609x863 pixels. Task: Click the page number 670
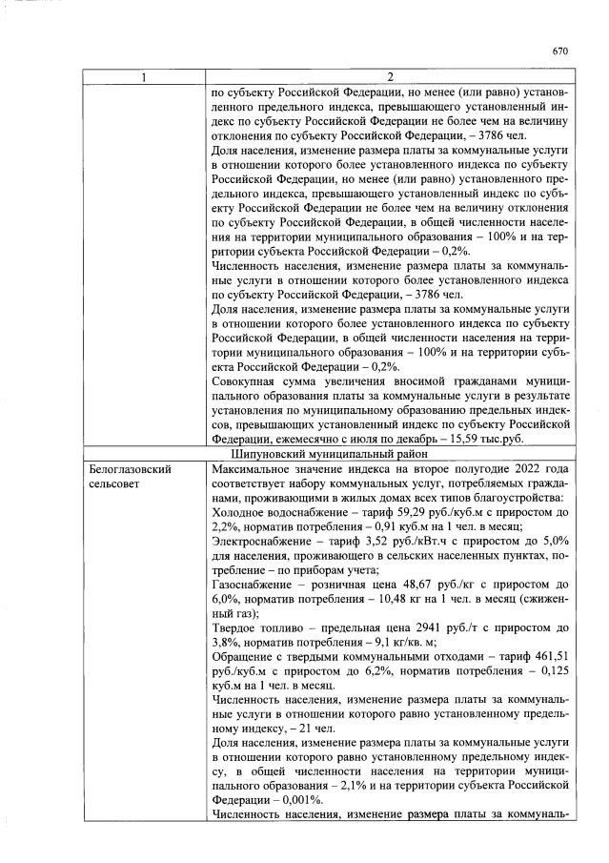[559, 51]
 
